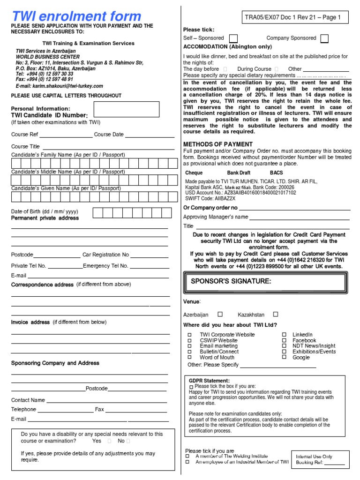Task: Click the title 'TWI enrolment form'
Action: tap(76, 16)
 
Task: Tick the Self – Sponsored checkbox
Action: tap(233, 38)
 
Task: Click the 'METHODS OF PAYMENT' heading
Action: tap(217, 144)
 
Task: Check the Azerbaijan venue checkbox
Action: tap(220, 315)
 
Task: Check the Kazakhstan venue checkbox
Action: tap(276, 315)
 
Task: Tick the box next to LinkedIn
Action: tap(284, 335)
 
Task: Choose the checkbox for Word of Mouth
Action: tap(190, 357)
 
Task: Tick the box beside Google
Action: tap(284, 357)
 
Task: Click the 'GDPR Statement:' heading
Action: tap(209, 380)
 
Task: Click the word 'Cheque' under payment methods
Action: tap(194, 173)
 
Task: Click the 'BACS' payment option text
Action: tap(276, 173)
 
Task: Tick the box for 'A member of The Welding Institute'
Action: tap(187, 456)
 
